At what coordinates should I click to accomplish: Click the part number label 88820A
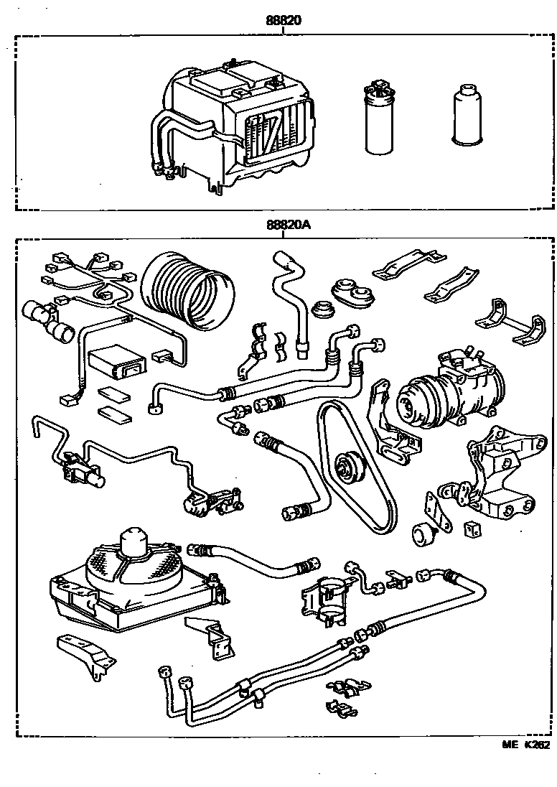click(287, 225)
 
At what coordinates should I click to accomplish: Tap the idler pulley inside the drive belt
click(350, 466)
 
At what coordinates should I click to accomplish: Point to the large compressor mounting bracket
click(499, 474)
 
